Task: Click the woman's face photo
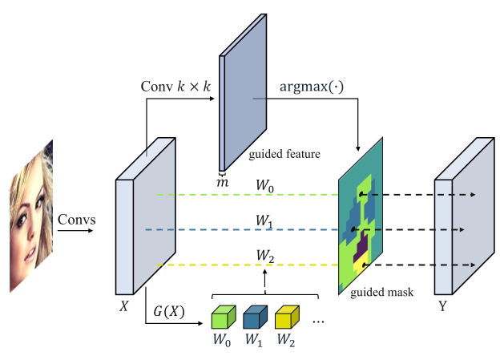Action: pos(31,215)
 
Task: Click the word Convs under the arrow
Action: pos(75,219)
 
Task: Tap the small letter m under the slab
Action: pos(224,183)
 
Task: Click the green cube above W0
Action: pos(222,317)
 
